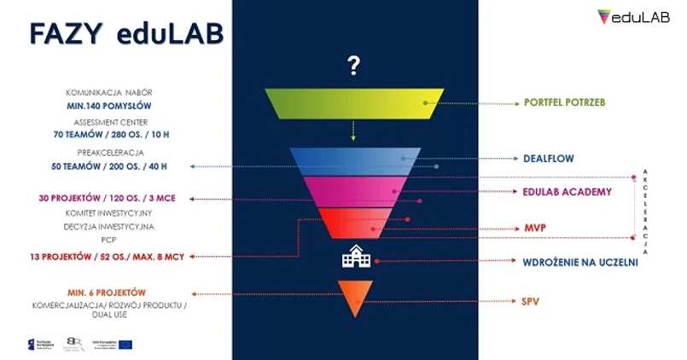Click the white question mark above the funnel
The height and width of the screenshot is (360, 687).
(x=353, y=66)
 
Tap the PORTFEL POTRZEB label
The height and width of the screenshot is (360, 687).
(x=564, y=102)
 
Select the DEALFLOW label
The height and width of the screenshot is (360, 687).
(x=549, y=158)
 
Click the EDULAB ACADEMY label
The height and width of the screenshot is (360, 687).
(x=568, y=192)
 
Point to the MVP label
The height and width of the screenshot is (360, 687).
(x=534, y=229)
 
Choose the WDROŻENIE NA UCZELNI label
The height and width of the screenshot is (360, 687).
(x=580, y=262)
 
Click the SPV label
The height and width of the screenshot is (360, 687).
(x=532, y=301)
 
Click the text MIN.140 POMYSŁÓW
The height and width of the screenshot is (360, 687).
(x=108, y=107)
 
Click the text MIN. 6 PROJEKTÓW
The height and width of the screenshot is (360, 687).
(x=107, y=293)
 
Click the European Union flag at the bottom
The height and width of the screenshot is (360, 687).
(x=125, y=345)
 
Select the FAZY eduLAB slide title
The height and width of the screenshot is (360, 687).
(x=126, y=33)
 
